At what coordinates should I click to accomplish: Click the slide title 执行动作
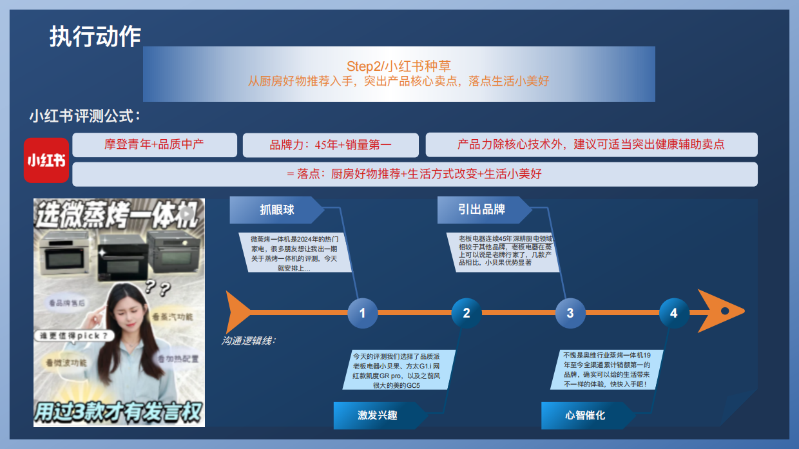coord(95,36)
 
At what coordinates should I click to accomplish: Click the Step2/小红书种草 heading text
coord(398,66)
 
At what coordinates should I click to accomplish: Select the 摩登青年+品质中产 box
coord(155,144)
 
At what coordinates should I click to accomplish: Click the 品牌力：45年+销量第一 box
coord(331,145)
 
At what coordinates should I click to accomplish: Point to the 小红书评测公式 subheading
coord(85,117)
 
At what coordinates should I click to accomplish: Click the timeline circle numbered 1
coord(362,313)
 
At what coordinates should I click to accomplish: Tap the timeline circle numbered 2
coord(467,313)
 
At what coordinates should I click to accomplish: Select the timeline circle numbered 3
coord(570,313)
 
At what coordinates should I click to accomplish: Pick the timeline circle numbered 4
coord(674,313)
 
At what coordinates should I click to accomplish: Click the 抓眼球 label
coord(277,209)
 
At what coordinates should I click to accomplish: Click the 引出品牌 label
coord(481,209)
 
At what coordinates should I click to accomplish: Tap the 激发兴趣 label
coord(378,415)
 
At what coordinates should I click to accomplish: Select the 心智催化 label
coord(585,415)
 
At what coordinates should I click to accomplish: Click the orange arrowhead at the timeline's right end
coord(718,312)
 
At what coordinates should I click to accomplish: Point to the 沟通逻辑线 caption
coord(249,341)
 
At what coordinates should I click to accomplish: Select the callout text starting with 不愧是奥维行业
coord(606,370)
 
